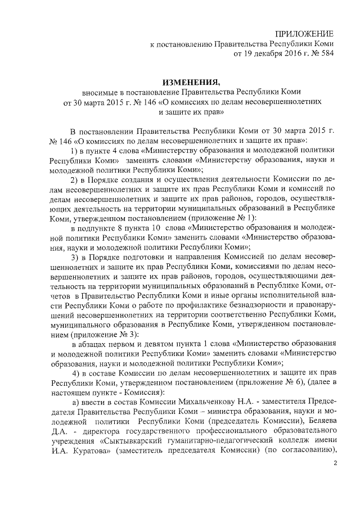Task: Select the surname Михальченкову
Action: point(206,400)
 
